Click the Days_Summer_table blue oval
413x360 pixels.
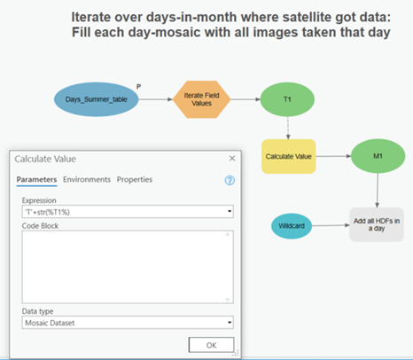pos(96,99)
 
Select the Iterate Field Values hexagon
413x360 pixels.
pos(201,99)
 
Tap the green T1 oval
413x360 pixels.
pos(287,99)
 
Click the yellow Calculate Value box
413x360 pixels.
pos(289,156)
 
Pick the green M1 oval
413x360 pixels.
pos(378,156)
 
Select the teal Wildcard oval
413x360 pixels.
pos(292,226)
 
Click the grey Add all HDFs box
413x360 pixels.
pos(377,224)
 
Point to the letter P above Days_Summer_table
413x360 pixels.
pos(138,87)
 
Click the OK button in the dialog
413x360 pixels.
pos(211,345)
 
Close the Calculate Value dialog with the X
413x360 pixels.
pos(232,159)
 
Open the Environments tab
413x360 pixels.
pos(87,179)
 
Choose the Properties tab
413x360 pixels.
pos(135,179)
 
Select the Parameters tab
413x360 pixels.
pos(36,180)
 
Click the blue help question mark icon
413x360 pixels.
pos(230,180)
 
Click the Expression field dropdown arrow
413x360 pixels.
pos(230,211)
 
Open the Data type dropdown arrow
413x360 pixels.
pos(230,322)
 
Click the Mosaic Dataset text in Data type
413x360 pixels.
pos(50,323)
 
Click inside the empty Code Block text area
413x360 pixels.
pos(124,267)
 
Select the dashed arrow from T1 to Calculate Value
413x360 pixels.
pos(288,128)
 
